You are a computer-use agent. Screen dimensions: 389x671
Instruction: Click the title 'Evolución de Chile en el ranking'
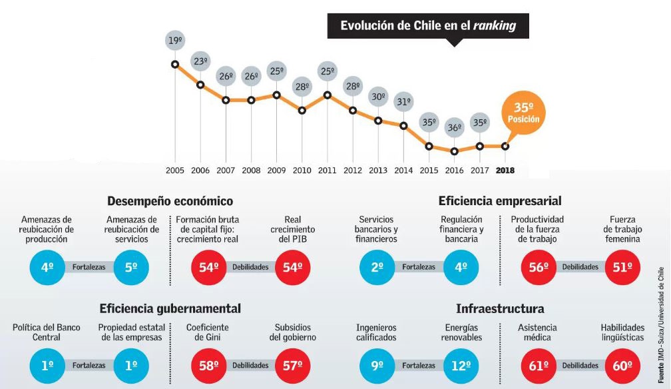click(x=428, y=27)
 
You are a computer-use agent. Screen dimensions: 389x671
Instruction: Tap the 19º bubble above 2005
click(x=175, y=41)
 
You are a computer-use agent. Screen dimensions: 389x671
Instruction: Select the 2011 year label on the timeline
click(x=327, y=171)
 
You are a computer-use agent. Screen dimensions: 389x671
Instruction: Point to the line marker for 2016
click(x=454, y=151)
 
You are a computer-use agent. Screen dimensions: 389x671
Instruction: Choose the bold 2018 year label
click(x=505, y=171)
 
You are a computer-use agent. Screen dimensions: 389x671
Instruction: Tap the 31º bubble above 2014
click(x=403, y=103)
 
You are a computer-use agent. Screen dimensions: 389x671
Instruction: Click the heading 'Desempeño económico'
click(x=170, y=200)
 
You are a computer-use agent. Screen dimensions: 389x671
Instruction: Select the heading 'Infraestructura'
click(x=500, y=308)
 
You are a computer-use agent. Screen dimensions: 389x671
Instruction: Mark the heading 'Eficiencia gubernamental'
click(x=170, y=308)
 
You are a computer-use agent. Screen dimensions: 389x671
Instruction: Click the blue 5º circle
click(x=131, y=267)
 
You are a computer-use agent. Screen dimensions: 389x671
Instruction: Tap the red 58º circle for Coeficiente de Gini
click(x=209, y=365)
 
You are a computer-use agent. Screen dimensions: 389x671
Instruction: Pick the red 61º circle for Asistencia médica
click(x=538, y=365)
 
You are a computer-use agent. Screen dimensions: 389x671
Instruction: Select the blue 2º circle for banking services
click(x=377, y=267)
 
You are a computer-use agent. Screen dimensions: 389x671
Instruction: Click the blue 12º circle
click(x=461, y=365)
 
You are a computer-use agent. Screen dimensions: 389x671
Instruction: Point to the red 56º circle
click(x=538, y=267)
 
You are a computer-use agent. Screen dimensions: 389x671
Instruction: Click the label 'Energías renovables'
click(x=461, y=332)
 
